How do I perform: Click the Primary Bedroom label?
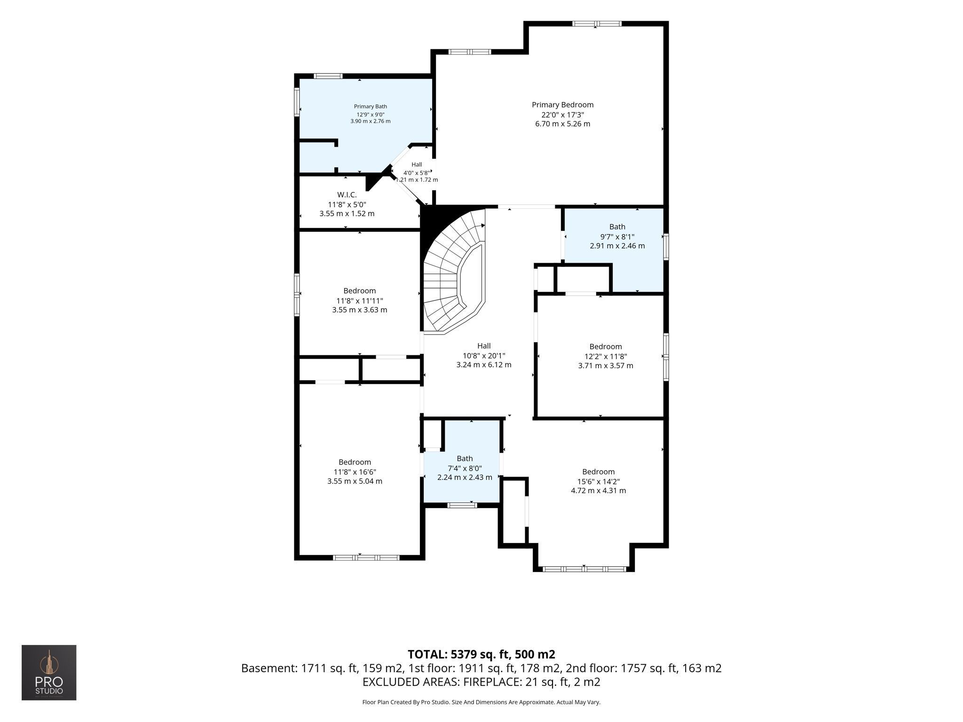tap(562, 105)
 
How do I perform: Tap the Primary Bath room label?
tap(371, 107)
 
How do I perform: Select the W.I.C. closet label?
tap(347, 195)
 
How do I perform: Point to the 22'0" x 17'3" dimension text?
tap(562, 115)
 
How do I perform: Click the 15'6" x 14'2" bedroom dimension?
tap(598, 481)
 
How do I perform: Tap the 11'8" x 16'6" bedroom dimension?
tap(355, 472)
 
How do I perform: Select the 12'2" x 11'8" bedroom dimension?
tap(605, 356)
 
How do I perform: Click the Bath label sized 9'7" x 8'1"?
tap(617, 227)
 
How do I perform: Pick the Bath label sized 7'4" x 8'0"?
tap(465, 458)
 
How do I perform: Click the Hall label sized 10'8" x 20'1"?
tap(484, 346)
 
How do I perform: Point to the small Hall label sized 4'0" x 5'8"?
tap(417, 165)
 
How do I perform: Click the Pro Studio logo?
tap(49, 673)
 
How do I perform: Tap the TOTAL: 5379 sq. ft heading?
tap(481, 654)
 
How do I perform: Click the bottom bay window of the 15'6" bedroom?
tap(584, 569)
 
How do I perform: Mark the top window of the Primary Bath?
tap(328, 76)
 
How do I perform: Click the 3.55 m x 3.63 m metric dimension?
tap(359, 310)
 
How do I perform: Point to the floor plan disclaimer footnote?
tap(481, 702)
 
